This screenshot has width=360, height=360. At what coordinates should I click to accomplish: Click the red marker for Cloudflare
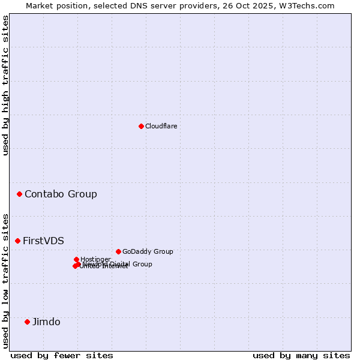[x=141, y=126]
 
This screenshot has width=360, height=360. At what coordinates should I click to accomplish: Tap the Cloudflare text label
[x=161, y=126]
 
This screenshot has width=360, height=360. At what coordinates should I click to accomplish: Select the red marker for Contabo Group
[x=20, y=194]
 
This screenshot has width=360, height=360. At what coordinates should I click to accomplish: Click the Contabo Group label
[x=61, y=194]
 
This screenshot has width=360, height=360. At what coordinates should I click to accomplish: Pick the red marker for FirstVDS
[x=17, y=241]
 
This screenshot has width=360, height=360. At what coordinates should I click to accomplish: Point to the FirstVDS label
[x=43, y=241]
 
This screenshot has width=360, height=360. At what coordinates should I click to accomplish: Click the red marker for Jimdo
[x=27, y=322]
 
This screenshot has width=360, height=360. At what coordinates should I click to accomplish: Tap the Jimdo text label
[x=46, y=322]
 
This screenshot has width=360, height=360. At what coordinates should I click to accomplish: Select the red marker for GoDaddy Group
[x=118, y=251]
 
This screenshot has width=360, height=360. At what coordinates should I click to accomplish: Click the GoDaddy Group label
[x=148, y=251]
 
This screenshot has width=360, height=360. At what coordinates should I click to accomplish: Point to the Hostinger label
[x=95, y=259]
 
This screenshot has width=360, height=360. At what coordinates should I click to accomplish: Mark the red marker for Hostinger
[x=76, y=259]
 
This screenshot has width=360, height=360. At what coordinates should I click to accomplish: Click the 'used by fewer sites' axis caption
[x=62, y=355]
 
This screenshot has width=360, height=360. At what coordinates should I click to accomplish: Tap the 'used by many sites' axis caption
[x=301, y=355]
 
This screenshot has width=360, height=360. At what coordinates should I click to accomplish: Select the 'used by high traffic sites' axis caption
[x=5, y=85]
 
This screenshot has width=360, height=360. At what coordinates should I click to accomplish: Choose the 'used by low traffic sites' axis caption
[x=5, y=280]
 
